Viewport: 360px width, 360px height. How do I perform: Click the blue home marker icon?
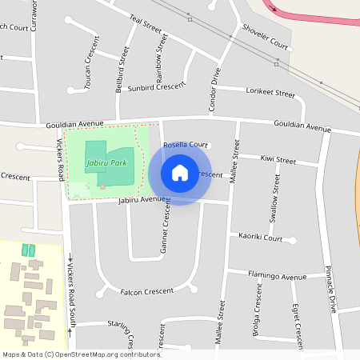point(180,172)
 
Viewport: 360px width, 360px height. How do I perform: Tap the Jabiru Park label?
point(106,163)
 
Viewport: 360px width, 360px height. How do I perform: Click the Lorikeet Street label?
point(272,93)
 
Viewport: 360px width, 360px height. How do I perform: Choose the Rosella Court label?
point(186,145)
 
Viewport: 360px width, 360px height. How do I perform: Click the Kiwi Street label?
point(278,161)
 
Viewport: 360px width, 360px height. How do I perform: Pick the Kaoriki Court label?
point(261,238)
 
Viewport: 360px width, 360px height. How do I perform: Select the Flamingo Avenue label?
point(277,277)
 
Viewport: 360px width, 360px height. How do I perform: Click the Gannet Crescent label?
point(166,226)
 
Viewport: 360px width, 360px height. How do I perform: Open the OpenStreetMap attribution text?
point(81,354)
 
